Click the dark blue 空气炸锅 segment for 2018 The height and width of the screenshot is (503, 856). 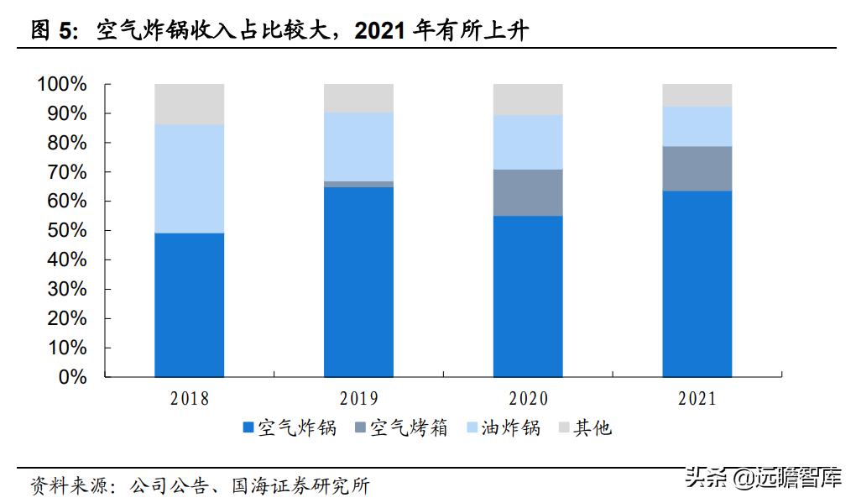click(189, 305)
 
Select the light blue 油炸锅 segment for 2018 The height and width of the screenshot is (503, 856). click(189, 179)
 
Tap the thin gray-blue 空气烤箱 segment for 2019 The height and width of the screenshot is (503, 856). click(358, 184)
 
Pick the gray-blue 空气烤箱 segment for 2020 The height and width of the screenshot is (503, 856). click(528, 192)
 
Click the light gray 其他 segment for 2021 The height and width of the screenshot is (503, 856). click(697, 95)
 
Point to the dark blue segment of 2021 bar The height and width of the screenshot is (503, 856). click(697, 284)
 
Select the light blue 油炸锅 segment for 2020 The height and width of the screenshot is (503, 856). click(528, 142)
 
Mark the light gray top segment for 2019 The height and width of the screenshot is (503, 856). click(358, 97)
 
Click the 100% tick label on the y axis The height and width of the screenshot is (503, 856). click(62, 85)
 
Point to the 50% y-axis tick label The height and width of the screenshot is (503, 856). click(66, 231)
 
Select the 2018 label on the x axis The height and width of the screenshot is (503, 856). click(189, 399)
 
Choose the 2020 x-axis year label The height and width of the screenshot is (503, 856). click(528, 399)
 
